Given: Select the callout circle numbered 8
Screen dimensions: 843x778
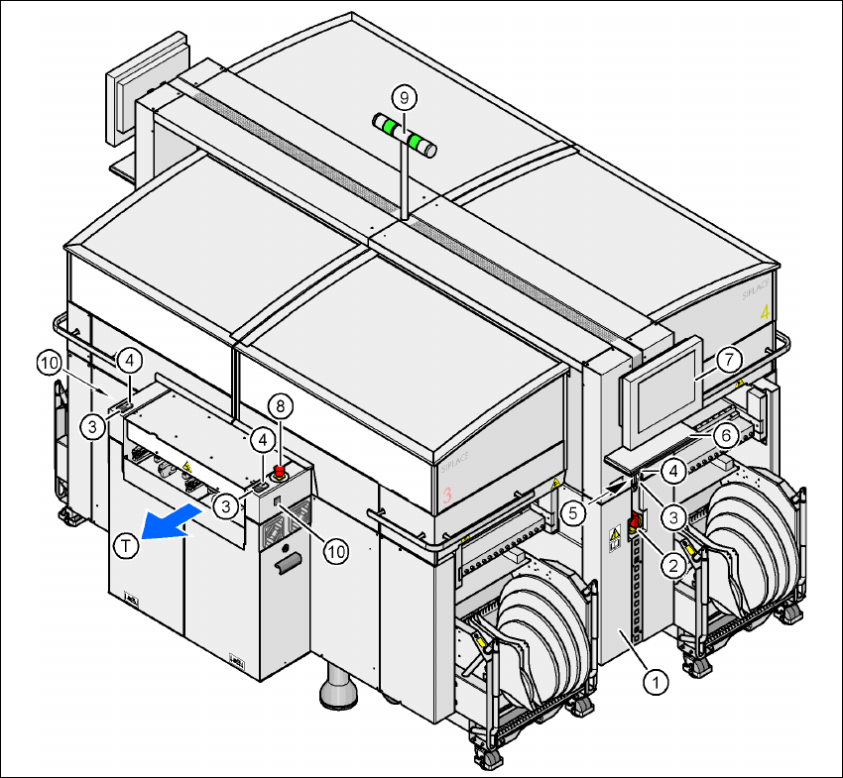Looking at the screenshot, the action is click(281, 405).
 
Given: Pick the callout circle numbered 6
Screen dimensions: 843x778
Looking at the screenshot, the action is click(726, 433).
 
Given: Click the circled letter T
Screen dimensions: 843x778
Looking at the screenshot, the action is click(125, 547).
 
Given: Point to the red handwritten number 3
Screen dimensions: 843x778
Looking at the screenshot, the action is click(447, 493).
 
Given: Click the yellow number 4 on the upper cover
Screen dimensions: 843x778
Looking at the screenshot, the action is click(764, 313).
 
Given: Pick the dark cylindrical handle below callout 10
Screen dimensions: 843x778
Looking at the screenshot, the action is click(288, 566).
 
